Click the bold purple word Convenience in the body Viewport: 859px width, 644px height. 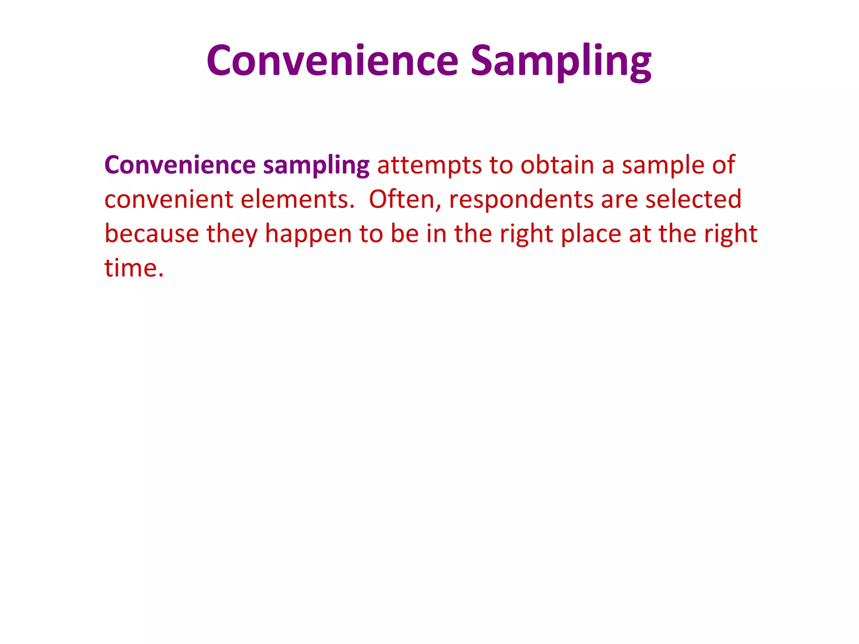tap(180, 165)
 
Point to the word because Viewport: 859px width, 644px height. tap(151, 234)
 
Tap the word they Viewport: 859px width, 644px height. tap(232, 234)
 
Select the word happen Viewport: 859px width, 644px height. tap(308, 234)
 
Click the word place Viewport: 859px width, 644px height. tap(591, 234)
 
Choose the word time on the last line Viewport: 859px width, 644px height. tap(130, 268)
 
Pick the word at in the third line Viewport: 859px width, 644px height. tap(640, 234)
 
